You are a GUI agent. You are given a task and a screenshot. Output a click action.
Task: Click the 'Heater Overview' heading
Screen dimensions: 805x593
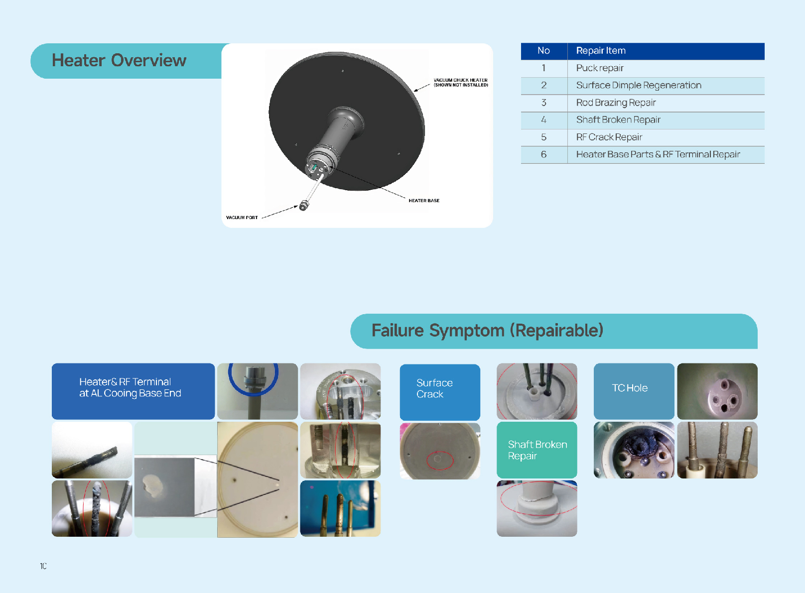(x=119, y=60)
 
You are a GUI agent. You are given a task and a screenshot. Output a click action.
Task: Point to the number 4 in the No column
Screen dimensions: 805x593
(x=544, y=119)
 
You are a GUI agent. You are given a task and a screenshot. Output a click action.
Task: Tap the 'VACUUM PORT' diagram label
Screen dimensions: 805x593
(x=242, y=217)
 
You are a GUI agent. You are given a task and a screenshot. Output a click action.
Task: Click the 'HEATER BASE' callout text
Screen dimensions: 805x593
(x=424, y=201)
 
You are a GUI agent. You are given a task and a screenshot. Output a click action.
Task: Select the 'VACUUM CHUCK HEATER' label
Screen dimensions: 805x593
(x=460, y=80)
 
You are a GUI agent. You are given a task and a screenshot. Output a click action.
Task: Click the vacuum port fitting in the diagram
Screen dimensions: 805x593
(x=304, y=206)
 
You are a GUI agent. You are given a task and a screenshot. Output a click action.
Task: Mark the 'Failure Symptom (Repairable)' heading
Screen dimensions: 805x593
(x=487, y=330)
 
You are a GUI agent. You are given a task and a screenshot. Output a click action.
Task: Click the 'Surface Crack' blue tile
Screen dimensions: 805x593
(x=440, y=392)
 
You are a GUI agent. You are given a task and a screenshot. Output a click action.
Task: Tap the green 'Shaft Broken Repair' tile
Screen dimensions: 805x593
(x=537, y=450)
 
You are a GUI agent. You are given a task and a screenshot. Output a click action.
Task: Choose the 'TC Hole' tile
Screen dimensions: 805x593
(x=634, y=391)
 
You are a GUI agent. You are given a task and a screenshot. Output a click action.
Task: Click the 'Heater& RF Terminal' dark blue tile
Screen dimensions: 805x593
(x=134, y=391)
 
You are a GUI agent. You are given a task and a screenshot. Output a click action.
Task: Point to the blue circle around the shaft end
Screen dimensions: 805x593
(x=254, y=394)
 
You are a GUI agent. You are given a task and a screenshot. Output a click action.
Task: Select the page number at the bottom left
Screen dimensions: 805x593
(x=43, y=567)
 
